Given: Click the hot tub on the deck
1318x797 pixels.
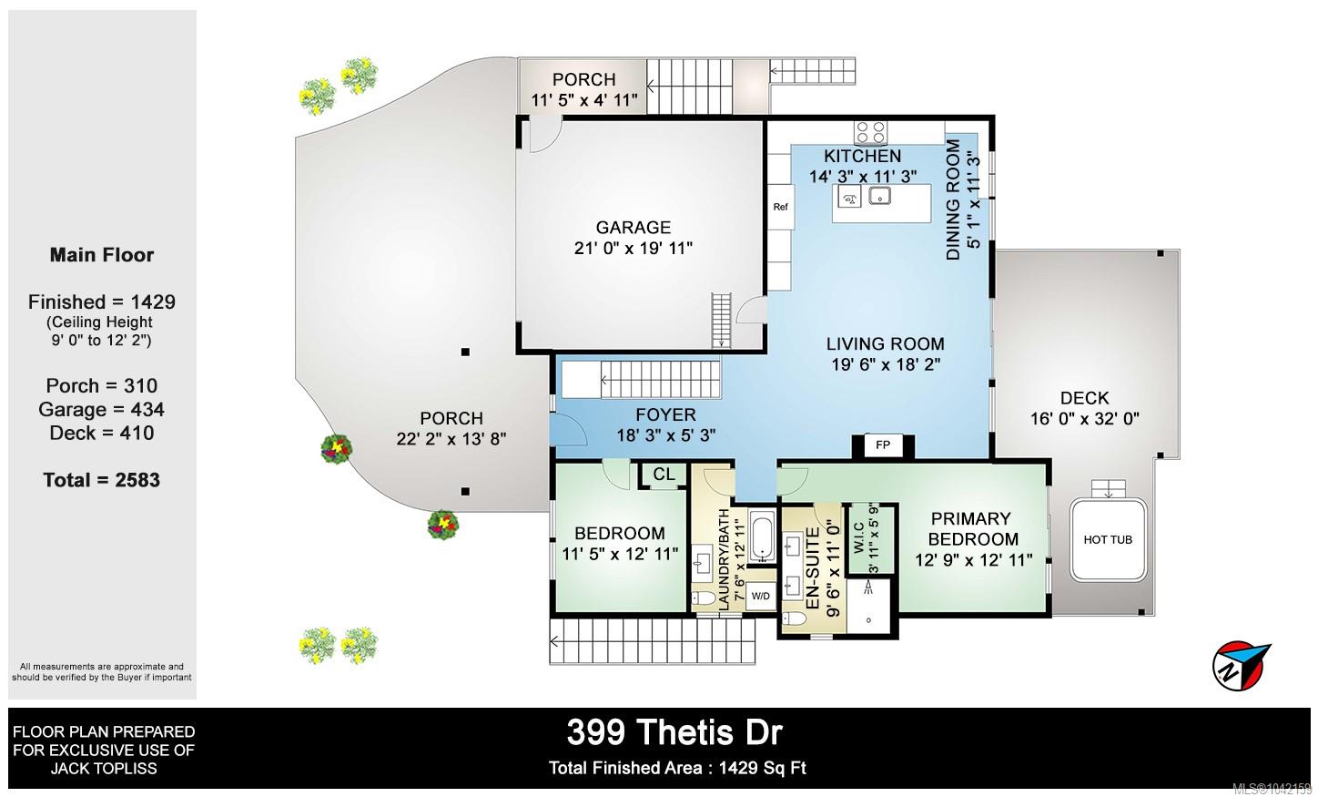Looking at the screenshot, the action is [x=1108, y=540].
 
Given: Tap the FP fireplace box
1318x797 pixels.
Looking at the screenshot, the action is [x=883, y=445].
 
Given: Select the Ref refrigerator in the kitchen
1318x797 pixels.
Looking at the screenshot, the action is [x=781, y=207].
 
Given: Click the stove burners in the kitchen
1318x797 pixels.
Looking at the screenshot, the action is [x=871, y=132].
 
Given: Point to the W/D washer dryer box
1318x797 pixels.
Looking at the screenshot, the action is [x=760, y=597].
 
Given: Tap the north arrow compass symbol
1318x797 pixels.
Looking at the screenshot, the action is [x=1241, y=666].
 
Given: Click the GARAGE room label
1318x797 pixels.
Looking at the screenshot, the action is [x=634, y=227].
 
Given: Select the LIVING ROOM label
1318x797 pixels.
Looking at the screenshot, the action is [x=885, y=343].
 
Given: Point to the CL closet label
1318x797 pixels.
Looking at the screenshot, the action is [x=664, y=474].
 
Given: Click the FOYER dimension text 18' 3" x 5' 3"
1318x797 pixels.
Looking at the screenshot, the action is [x=665, y=435].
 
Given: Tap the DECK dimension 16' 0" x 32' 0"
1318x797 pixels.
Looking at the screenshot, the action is [x=1084, y=419].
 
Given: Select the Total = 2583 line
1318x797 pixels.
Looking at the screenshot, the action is [x=101, y=480].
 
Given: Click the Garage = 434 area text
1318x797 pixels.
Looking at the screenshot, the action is [x=101, y=410].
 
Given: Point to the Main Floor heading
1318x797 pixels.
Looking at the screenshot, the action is [x=102, y=255].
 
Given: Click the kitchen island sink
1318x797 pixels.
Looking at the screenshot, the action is [x=879, y=196].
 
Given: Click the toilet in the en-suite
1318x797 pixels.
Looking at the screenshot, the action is [x=795, y=618].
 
